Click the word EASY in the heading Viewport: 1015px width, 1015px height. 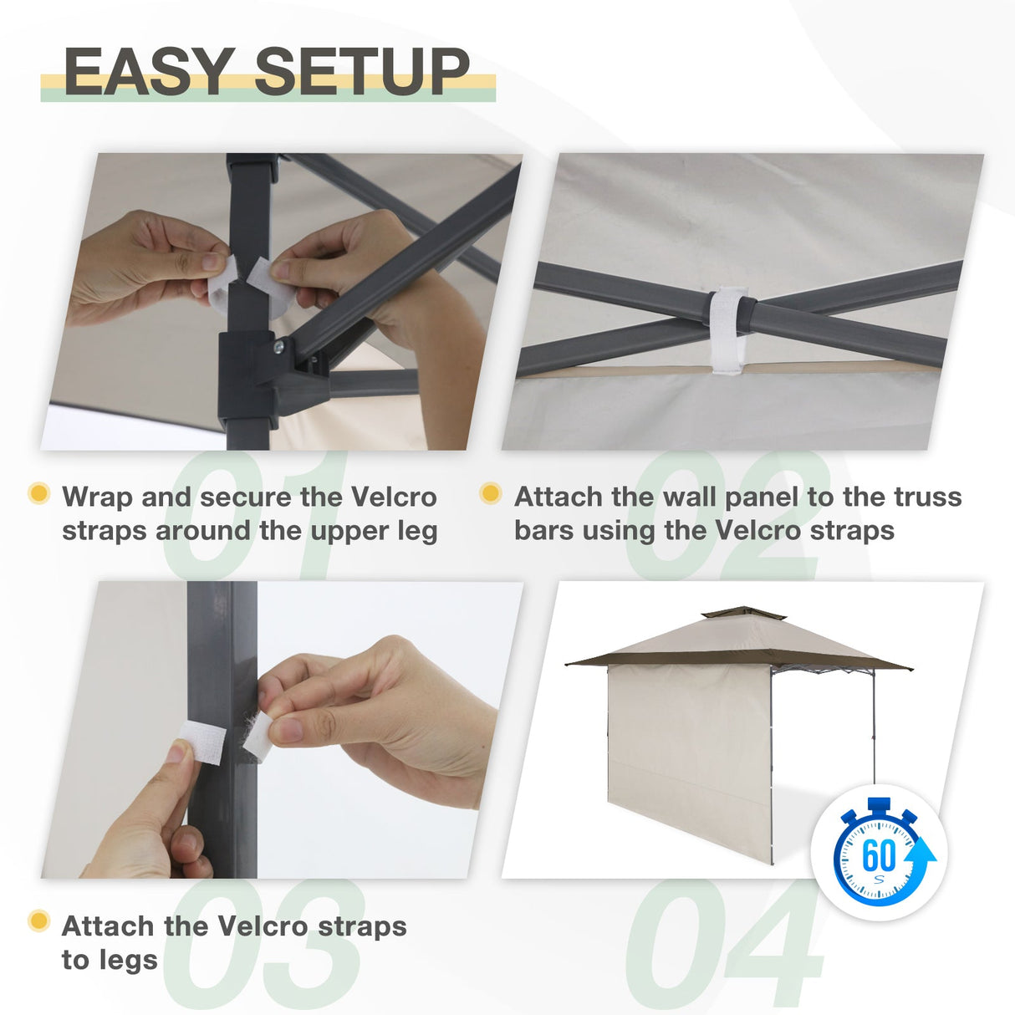coord(149,71)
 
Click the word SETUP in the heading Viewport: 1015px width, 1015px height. coord(361,71)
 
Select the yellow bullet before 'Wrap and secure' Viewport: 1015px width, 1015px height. coord(38,493)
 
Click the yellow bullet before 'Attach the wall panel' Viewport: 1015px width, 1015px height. coord(491,493)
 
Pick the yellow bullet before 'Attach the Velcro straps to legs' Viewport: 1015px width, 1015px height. coord(38,921)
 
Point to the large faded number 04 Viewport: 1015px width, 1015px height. coord(724,945)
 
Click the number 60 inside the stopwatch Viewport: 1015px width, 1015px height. coord(878,855)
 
